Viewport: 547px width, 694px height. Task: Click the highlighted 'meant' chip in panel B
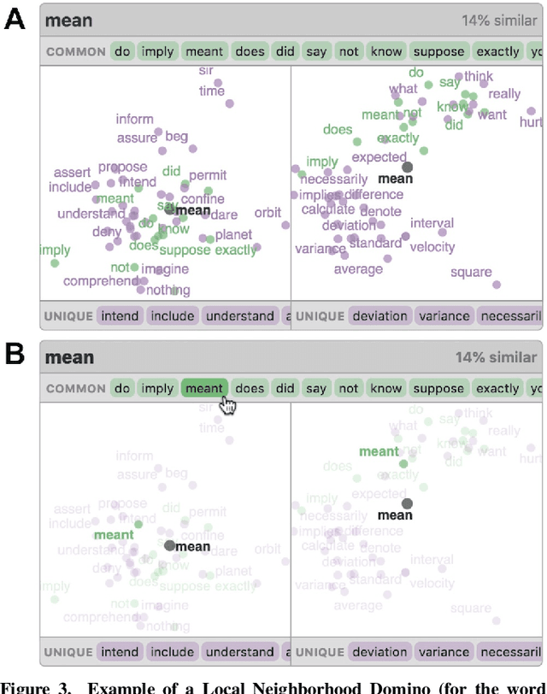pyautogui.click(x=204, y=388)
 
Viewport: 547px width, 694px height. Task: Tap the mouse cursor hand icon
pyautogui.click(x=227, y=404)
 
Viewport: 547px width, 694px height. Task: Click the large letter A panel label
pyautogui.click(x=15, y=20)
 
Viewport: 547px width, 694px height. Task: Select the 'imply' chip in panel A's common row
pyautogui.click(x=157, y=51)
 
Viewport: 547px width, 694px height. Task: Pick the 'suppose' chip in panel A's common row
pyautogui.click(x=438, y=51)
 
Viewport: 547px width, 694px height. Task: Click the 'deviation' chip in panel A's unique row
pyautogui.click(x=380, y=315)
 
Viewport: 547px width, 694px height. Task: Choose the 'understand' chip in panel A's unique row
pyautogui.click(x=239, y=315)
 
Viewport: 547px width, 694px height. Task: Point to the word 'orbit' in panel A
pyautogui.click(x=268, y=212)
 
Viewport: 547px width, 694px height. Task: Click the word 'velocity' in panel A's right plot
pyautogui.click(x=432, y=247)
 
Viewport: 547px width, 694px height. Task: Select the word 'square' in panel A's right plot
pyautogui.click(x=470, y=273)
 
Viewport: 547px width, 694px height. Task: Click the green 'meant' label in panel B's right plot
pyautogui.click(x=379, y=451)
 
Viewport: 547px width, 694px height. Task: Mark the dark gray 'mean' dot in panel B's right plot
pyautogui.click(x=407, y=504)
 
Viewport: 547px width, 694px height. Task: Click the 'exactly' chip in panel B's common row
pyautogui.click(x=498, y=388)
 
